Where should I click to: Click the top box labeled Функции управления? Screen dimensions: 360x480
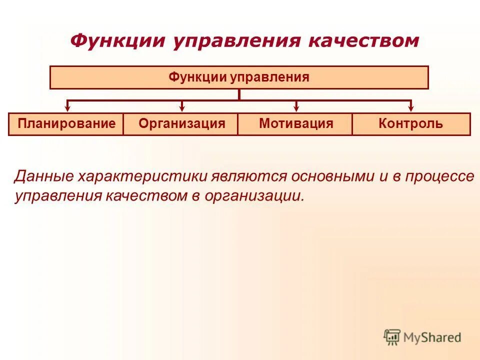tap(239, 77)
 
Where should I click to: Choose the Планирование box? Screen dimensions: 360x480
tap(66, 124)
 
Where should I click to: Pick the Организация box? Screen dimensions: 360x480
tap(182, 124)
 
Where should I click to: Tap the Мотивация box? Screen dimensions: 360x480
tap(296, 124)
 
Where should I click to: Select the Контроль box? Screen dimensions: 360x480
tap(411, 124)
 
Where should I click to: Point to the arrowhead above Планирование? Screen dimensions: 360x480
tap(68, 107)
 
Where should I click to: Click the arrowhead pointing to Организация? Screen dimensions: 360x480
tap(182, 107)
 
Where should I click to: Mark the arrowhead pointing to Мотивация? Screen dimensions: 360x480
tap(296, 107)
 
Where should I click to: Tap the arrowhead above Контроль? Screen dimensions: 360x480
tap(411, 107)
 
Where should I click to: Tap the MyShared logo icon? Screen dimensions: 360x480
tap(392, 337)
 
